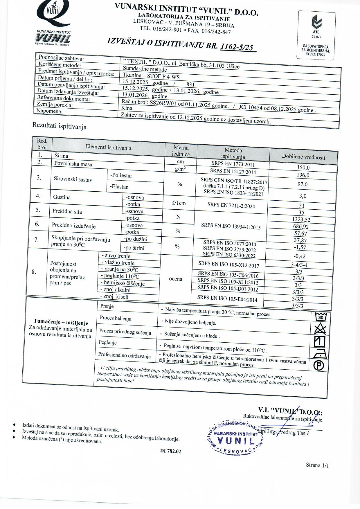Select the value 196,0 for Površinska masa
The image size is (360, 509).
(x=303, y=175)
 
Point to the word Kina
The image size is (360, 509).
(x=127, y=108)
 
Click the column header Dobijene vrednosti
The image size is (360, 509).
(x=303, y=157)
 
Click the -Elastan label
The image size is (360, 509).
(x=119, y=187)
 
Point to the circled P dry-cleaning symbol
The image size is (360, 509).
(x=319, y=366)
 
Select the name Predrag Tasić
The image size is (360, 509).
(x=294, y=433)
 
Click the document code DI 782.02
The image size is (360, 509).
(x=170, y=451)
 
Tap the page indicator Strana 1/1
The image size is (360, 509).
(x=317, y=465)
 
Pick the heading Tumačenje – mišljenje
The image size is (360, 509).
(x=61, y=322)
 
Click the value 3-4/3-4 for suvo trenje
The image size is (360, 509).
(x=299, y=265)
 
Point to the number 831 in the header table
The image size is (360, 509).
(x=190, y=84)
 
